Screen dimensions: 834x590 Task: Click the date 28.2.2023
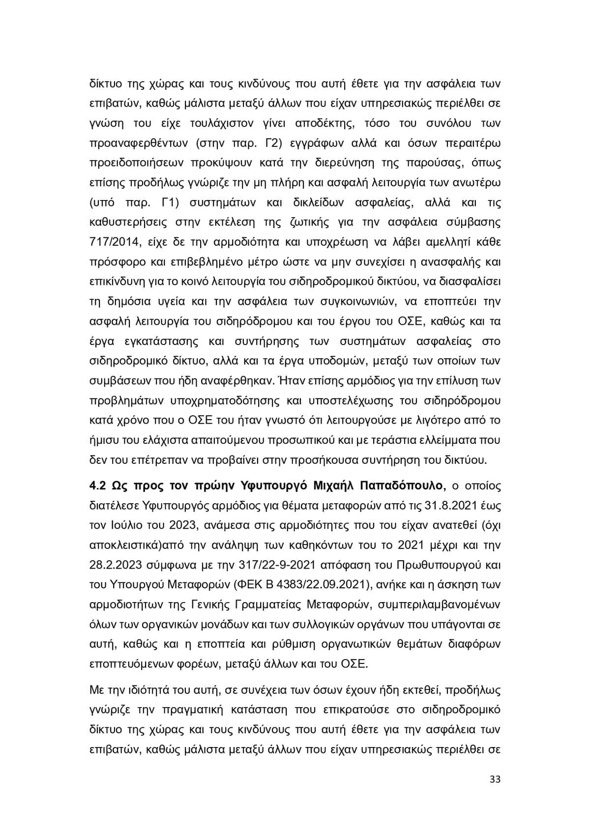click(x=116, y=565)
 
